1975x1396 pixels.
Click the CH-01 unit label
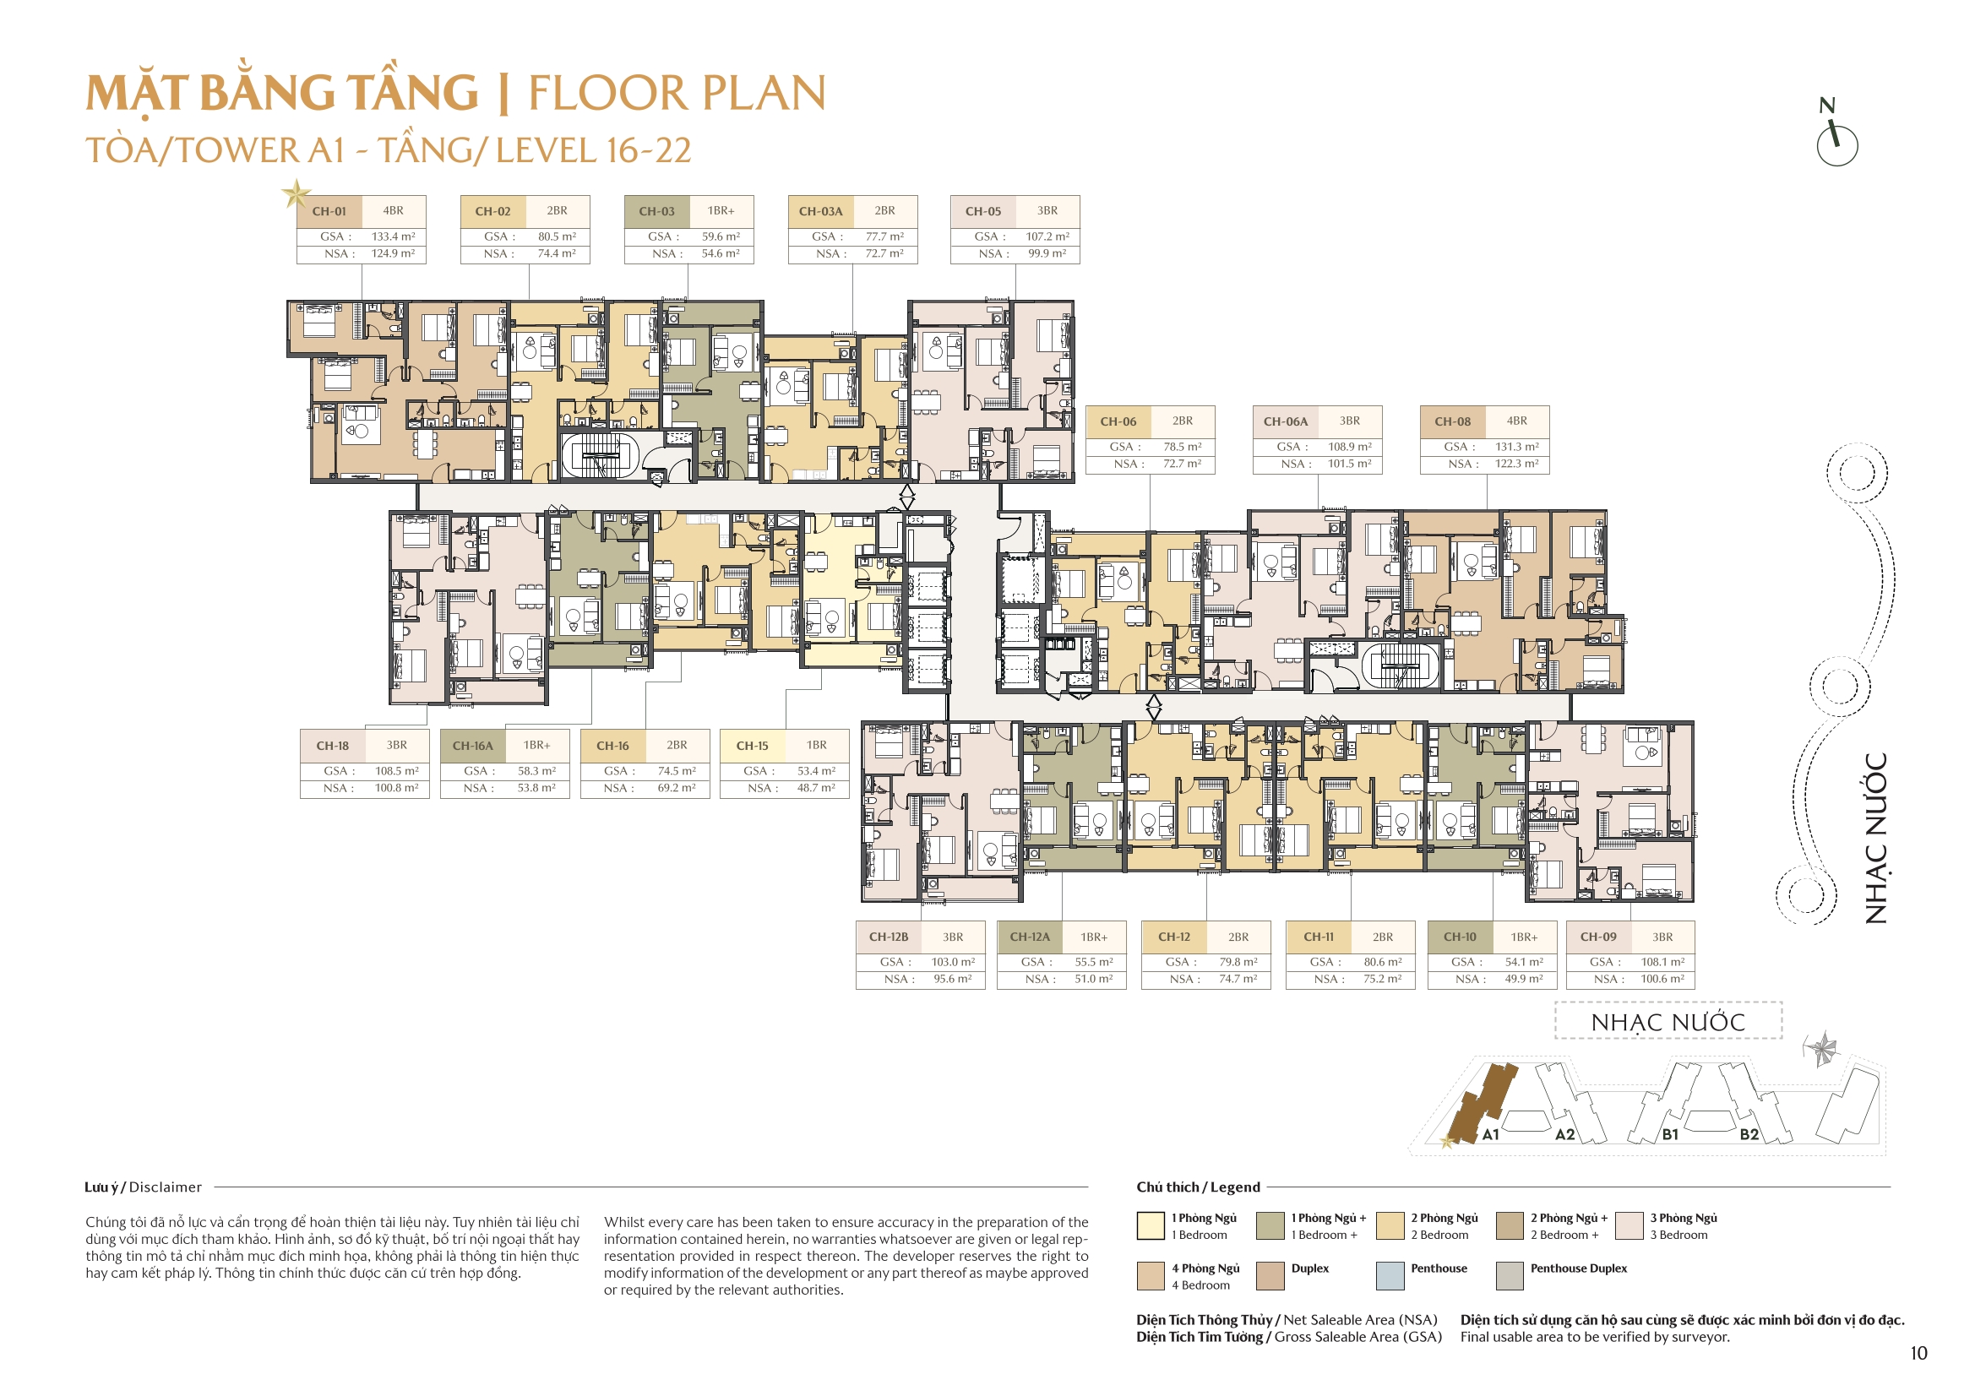coord(329,212)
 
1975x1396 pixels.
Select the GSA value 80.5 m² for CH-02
coord(557,236)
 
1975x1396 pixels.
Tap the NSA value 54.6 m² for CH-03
coord(720,253)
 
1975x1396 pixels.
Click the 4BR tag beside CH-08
coord(1516,421)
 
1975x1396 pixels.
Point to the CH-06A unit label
coord(1285,421)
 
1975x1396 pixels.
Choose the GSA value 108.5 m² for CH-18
coord(396,772)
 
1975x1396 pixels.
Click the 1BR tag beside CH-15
coord(816,746)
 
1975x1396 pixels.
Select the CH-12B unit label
coord(888,937)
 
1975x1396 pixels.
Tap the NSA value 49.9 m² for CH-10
coord(1523,980)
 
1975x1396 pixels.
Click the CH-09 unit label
coord(1597,937)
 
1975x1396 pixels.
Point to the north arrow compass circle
coord(1836,146)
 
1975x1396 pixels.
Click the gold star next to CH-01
coord(296,193)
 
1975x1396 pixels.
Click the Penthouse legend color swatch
coord(1390,1276)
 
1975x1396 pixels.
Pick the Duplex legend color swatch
coord(1270,1276)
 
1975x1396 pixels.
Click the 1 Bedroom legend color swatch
coord(1150,1225)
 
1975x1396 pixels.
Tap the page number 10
coord(1918,1354)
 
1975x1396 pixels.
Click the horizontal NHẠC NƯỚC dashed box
coord(1667,1022)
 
